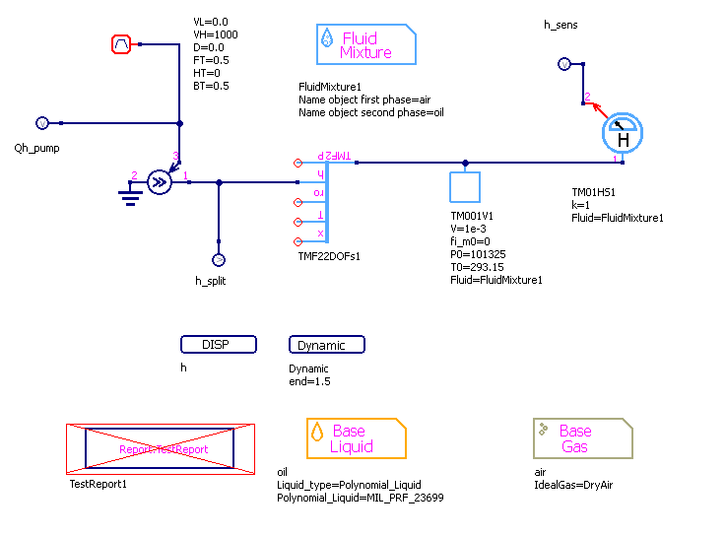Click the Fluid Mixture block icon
(365, 45)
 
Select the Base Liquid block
(356, 438)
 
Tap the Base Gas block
(582, 438)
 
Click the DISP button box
(218, 345)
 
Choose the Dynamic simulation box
(326, 345)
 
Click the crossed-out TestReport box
(161, 449)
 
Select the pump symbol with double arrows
(159, 181)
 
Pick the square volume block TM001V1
(465, 188)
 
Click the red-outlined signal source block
(121, 44)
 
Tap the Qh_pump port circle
(41, 123)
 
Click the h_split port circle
(219, 260)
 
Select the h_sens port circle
(563, 64)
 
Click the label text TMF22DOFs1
(329, 256)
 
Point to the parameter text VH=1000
(216, 34)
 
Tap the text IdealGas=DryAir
(573, 486)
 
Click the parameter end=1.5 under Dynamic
(309, 381)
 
